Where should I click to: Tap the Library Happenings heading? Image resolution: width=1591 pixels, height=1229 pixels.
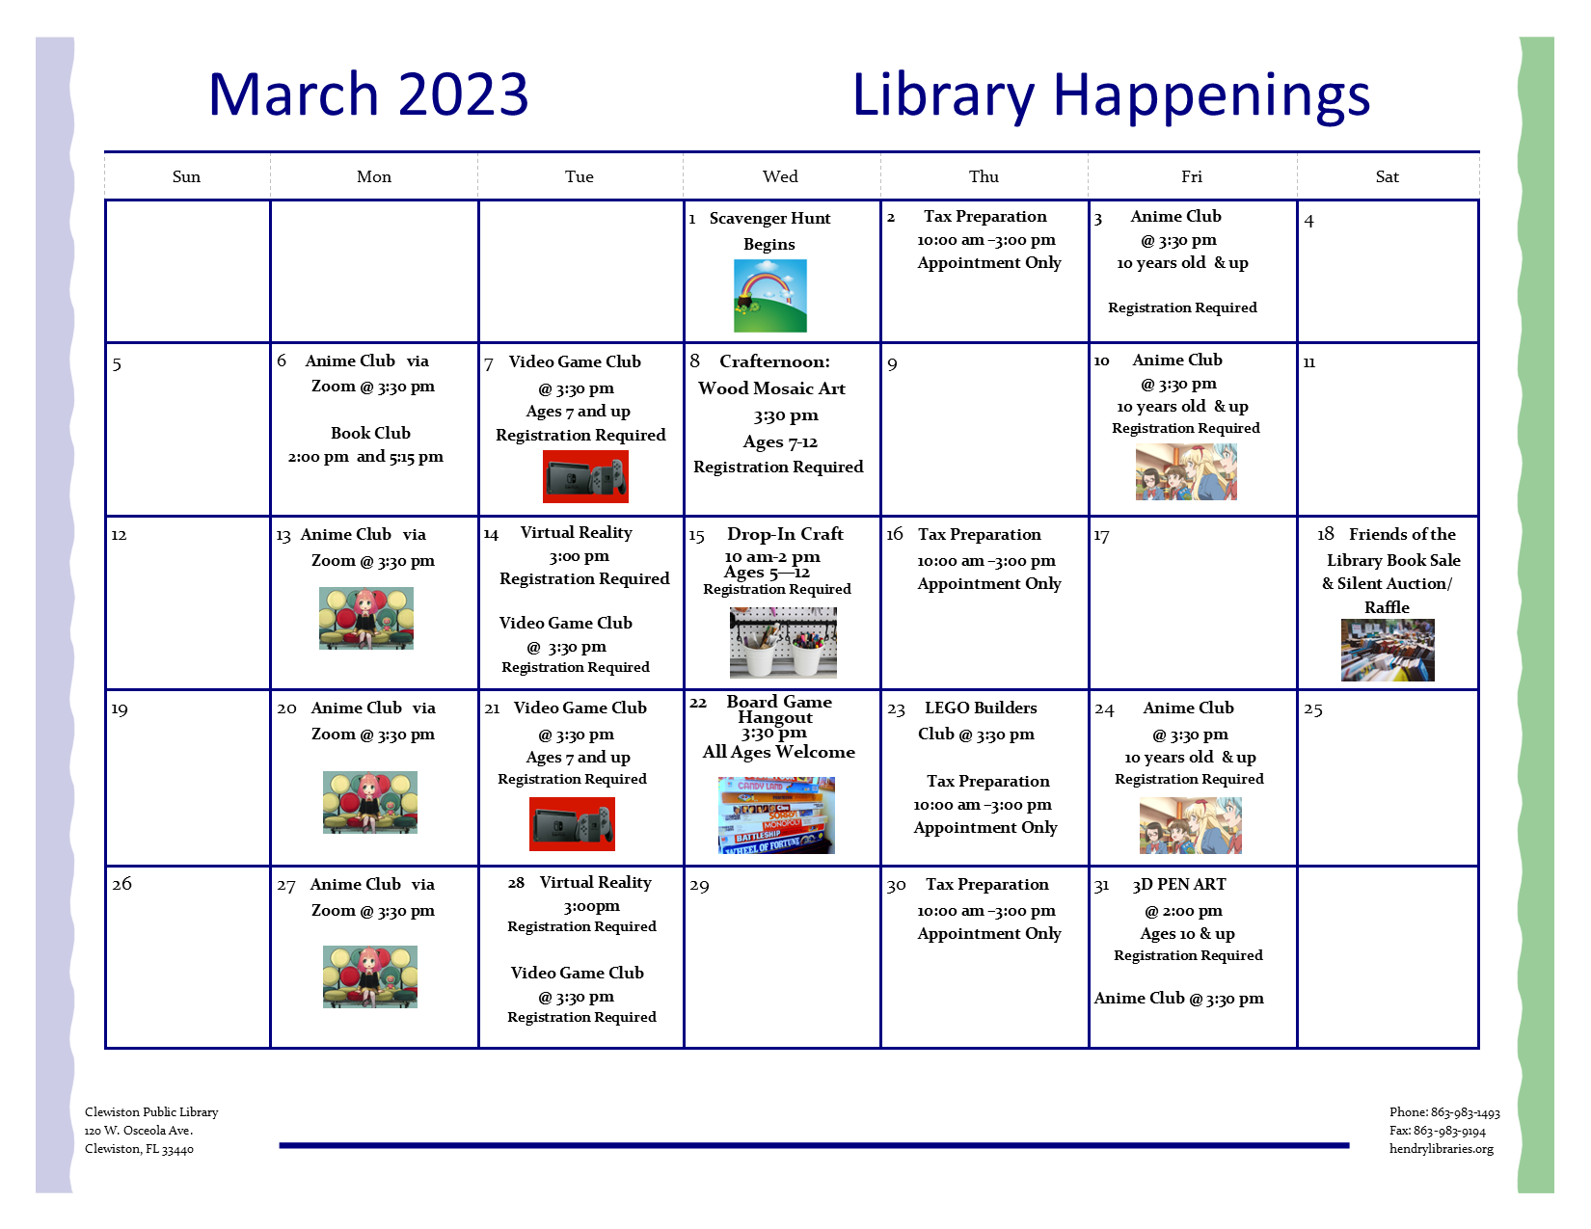coord(1111,95)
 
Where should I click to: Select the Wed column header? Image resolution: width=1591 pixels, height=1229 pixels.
coord(780,176)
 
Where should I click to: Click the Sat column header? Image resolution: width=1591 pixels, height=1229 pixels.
coord(1387,176)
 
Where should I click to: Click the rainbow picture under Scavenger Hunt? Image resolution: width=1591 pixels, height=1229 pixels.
coord(770,296)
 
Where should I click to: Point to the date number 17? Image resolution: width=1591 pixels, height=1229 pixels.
coord(1101,536)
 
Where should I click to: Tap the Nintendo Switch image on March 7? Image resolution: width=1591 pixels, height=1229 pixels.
coord(585,476)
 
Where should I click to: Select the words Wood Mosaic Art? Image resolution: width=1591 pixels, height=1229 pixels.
coord(771,388)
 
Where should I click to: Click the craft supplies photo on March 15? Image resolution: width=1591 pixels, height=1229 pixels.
coord(783,642)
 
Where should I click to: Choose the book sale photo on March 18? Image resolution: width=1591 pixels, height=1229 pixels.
coord(1388,650)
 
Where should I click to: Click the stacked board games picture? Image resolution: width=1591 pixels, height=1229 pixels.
coord(776,815)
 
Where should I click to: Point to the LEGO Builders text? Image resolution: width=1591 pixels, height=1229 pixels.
coord(981,708)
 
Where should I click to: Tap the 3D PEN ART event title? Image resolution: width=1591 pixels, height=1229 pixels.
coord(1179,884)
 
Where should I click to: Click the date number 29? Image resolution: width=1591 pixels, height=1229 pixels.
coord(699,886)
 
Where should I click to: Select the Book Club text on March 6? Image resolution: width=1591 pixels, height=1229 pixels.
coord(370,434)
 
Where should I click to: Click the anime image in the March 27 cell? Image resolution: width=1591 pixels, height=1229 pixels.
coord(369,976)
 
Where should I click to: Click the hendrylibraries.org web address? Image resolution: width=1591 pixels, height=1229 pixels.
coord(1441,1148)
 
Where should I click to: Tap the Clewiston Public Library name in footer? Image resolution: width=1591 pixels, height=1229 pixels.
coord(151,1111)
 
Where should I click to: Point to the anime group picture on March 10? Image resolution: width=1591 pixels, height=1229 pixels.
coord(1186,473)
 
